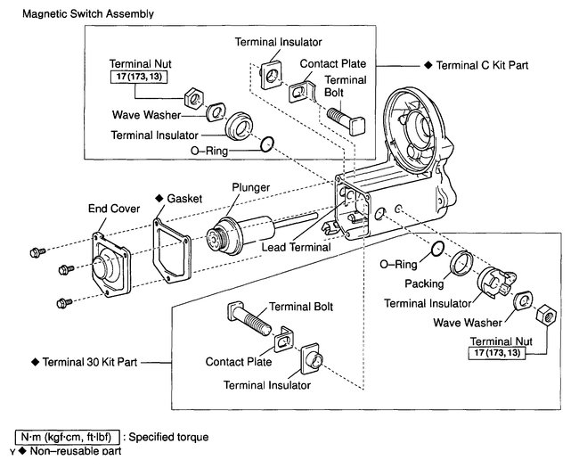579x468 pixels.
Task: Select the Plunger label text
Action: coord(252,188)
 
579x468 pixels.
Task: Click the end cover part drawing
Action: coord(111,261)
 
